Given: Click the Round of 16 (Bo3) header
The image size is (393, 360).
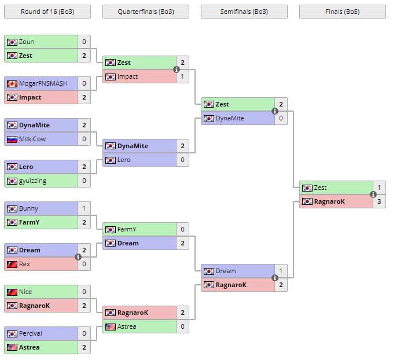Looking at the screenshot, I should click(47, 12).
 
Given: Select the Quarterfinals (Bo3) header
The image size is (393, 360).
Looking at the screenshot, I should click(145, 12).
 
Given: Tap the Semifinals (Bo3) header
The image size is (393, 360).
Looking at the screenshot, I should click(244, 12).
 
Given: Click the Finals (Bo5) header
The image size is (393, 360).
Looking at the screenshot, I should click(342, 12).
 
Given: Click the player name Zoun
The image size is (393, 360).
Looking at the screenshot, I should click(27, 42).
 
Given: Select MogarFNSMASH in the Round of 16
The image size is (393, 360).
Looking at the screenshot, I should click(43, 83).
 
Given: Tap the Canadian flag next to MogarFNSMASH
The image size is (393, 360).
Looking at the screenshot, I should click(12, 83).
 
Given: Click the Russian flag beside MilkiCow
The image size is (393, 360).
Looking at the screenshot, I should click(12, 139).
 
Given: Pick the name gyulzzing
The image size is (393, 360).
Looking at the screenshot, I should click(32, 181).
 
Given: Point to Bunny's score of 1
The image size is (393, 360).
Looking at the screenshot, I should click(84, 208).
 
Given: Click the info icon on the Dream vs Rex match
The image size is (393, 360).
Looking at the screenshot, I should click(78, 257).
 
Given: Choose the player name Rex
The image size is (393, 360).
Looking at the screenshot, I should click(24, 264).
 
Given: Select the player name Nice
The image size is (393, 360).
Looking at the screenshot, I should click(25, 292).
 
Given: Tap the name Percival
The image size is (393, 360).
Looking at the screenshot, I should click(31, 333).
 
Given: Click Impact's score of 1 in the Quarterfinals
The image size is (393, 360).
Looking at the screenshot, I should click(182, 76).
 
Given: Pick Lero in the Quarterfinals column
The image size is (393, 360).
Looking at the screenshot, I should click(124, 160).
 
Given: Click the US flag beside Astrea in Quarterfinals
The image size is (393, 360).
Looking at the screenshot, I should click(110, 326).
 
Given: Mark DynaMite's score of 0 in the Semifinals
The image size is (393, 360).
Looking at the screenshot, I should click(281, 118).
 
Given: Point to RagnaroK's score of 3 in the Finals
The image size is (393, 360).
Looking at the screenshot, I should click(379, 201).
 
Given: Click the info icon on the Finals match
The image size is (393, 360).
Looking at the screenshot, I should click(373, 194).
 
